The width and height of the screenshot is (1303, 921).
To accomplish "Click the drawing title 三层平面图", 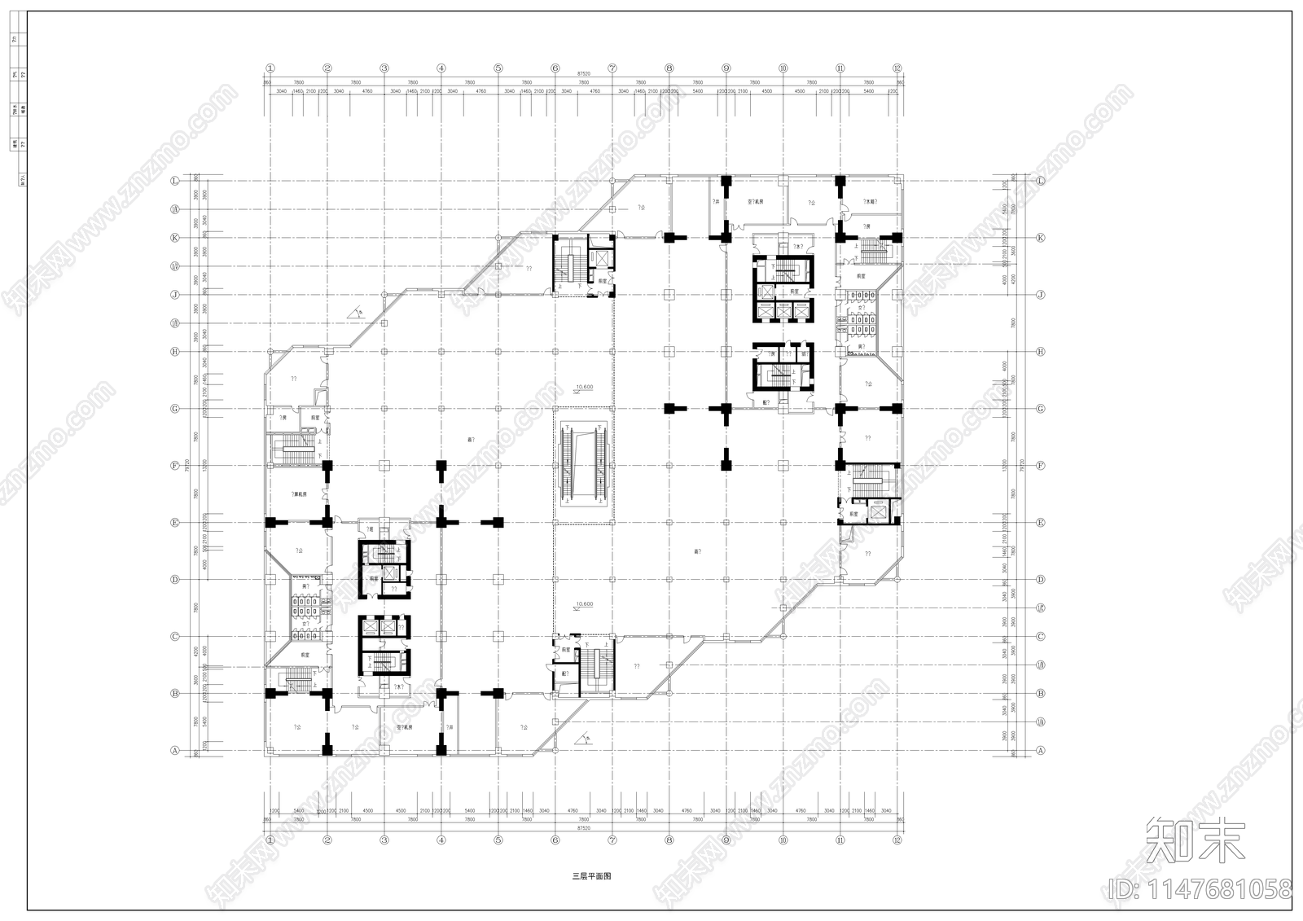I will (x=591, y=877).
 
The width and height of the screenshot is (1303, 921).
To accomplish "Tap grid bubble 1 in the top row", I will (x=270, y=68).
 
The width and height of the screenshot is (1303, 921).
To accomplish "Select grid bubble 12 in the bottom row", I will (x=897, y=840).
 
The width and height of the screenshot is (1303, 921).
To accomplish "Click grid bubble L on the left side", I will (x=174, y=181).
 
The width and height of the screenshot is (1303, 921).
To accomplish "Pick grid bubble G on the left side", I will (x=174, y=409).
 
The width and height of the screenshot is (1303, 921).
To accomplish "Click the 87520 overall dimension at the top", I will (x=583, y=74).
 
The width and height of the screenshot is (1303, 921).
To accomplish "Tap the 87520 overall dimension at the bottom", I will (x=583, y=828).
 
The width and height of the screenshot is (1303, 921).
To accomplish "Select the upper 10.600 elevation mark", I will (x=583, y=388).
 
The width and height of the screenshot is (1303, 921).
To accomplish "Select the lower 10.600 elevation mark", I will (x=583, y=604).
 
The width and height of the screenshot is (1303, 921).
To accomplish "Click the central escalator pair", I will (x=583, y=465).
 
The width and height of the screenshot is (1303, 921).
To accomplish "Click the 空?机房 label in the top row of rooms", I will (x=755, y=201).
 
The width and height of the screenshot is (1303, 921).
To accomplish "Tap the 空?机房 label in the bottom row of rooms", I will (x=406, y=727).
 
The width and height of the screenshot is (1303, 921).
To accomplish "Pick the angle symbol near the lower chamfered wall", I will (x=583, y=739).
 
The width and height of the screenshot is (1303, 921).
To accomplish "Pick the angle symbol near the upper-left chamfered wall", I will (x=356, y=312).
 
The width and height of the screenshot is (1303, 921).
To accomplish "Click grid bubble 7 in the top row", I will (x=612, y=68).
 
